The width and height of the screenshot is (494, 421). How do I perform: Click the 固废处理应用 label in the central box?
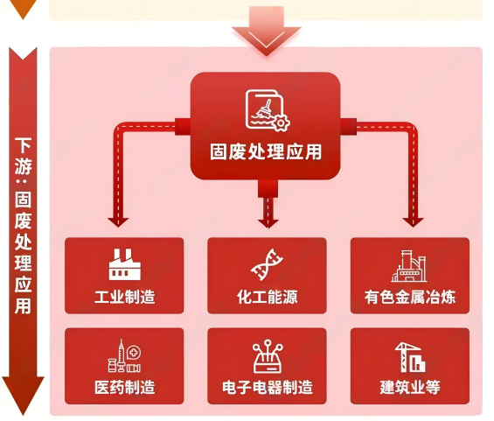[266, 152]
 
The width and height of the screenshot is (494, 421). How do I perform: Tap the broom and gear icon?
[268, 110]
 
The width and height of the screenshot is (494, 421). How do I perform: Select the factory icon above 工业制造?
[124, 264]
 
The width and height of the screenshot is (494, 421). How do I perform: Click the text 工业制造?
[125, 297]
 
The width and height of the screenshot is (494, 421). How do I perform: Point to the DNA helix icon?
[267, 264]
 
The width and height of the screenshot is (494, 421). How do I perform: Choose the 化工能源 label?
[268, 297]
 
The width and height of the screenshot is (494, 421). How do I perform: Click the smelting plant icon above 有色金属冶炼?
[409, 266]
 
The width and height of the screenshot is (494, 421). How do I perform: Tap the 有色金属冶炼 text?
[410, 297]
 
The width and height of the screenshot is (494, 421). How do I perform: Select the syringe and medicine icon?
[124, 355]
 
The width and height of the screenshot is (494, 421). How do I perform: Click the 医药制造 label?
[125, 387]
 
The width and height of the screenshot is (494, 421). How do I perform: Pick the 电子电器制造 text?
[268, 387]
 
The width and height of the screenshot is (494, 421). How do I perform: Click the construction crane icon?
[410, 357]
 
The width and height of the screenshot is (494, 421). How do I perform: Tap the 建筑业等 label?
[410, 387]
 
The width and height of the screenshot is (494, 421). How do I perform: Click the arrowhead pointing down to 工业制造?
[118, 222]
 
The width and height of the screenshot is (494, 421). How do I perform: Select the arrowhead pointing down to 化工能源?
[268, 222]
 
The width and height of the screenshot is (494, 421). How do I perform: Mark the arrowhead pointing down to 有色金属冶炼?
[413, 222]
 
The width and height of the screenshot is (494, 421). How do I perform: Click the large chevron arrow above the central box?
[267, 35]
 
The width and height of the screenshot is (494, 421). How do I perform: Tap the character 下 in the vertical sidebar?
[24, 144]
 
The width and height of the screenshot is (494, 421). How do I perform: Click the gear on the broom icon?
[281, 123]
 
